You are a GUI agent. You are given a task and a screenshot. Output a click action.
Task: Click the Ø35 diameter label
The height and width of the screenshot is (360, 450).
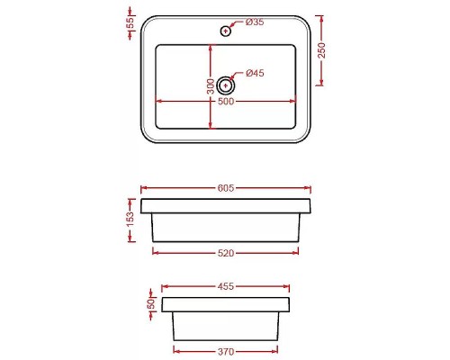[x=254, y=21]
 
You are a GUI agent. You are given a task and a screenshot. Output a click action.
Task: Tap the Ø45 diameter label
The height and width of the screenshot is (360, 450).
[x=254, y=74]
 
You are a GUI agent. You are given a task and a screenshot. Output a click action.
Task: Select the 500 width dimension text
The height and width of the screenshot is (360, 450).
[x=226, y=102]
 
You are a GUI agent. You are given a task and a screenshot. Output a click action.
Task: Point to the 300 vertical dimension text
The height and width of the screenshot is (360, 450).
[x=210, y=86]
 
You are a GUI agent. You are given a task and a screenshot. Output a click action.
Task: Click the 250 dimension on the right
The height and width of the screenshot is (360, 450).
[x=322, y=51]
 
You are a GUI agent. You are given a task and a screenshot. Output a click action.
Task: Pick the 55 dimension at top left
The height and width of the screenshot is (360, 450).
[x=129, y=22]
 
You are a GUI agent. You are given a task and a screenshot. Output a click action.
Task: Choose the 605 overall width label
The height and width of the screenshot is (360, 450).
[x=226, y=188]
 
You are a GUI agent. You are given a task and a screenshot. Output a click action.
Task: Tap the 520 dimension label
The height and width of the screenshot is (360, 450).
[x=226, y=253]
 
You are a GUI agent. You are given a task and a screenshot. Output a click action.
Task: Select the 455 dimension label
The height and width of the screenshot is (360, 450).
[x=226, y=287]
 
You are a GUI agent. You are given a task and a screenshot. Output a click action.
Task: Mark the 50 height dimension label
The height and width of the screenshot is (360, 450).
[x=152, y=304]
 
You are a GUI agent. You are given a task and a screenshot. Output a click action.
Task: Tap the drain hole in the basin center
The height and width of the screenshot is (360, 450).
[x=225, y=86]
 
